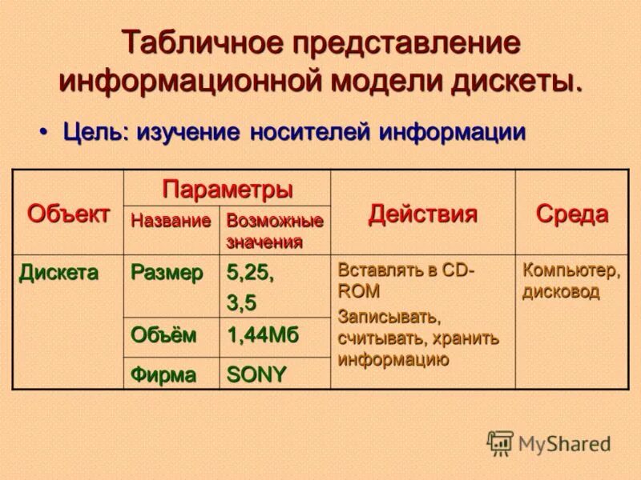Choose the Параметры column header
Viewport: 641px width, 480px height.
tap(227, 190)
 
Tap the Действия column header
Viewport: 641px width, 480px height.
tap(422, 214)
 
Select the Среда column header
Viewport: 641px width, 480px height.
tap(571, 214)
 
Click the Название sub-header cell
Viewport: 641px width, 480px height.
tap(171, 219)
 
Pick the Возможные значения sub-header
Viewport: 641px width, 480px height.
tap(274, 230)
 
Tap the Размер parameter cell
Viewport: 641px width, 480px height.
tap(167, 272)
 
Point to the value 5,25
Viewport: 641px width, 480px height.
tap(250, 272)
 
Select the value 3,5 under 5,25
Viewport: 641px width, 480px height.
tap(241, 302)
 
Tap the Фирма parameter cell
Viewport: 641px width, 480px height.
tap(163, 374)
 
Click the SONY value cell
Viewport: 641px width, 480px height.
tap(256, 374)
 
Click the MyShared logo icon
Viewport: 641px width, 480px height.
tap(500, 442)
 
